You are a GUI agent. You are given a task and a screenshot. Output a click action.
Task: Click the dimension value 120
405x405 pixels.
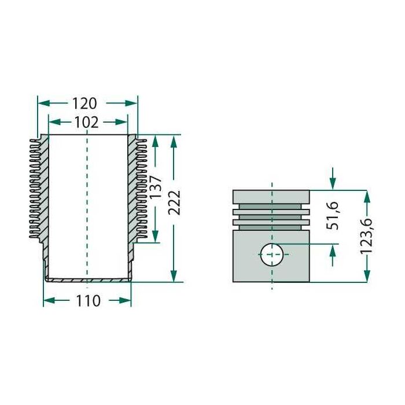point(84,104)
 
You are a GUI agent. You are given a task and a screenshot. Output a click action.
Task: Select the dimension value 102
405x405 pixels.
point(87,122)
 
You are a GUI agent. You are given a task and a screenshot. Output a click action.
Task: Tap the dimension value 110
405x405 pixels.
point(88,301)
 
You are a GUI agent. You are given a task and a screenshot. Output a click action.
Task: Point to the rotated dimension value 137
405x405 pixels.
point(156,187)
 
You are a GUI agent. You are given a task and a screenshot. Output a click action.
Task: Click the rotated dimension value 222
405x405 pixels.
point(174,203)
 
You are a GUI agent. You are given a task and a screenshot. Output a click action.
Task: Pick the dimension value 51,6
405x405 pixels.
point(333,216)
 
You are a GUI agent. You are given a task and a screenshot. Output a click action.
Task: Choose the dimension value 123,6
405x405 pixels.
point(366,236)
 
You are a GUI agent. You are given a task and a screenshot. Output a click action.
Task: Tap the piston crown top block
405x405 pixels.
point(271,197)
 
